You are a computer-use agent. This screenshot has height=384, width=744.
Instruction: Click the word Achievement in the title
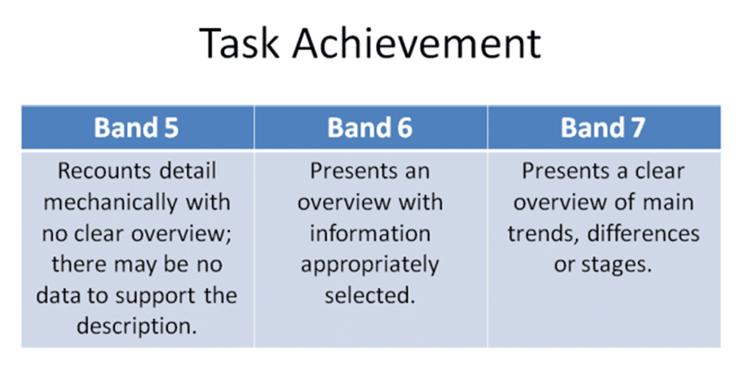tap(416, 44)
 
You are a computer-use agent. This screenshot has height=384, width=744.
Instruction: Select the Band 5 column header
tap(137, 127)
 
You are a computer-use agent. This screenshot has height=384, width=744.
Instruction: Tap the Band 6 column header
tap(370, 127)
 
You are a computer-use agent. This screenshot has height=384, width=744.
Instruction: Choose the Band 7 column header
tap(603, 127)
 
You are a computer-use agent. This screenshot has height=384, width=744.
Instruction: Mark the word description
tap(137, 326)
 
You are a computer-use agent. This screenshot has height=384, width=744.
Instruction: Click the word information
tap(370, 234)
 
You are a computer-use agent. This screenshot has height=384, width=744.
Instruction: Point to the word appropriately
tap(370, 265)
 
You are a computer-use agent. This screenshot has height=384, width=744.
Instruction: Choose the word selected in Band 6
tap(370, 295)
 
